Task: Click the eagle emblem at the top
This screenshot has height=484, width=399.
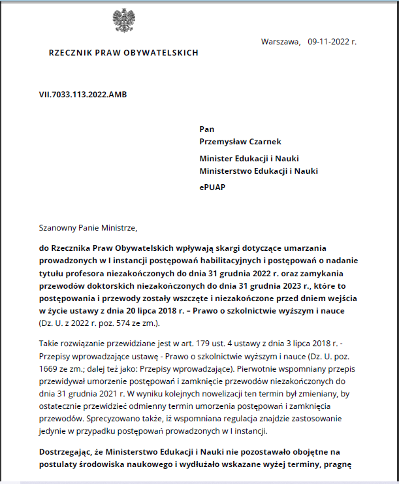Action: (123, 22)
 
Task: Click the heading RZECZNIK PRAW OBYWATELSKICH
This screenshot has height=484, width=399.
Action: (123, 53)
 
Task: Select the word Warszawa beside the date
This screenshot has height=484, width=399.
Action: (280, 42)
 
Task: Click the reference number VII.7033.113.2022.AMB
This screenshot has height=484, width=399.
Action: (83, 95)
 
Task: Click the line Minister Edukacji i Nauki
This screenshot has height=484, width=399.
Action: (249, 159)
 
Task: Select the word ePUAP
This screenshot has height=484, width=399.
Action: (213, 187)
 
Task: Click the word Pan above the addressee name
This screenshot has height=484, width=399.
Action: (206, 129)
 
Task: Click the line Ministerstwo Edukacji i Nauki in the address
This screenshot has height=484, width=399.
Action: (259, 171)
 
